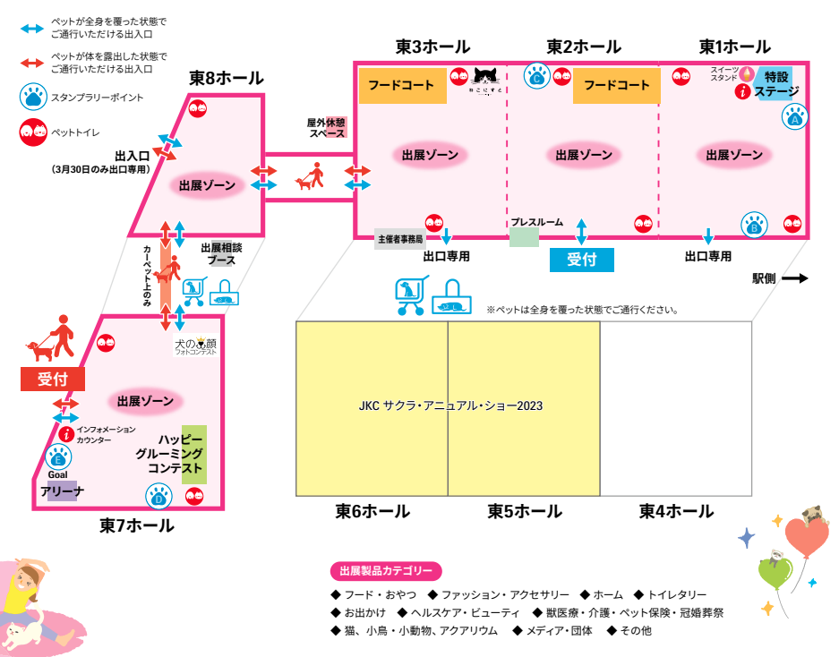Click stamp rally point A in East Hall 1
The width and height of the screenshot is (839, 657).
(x=795, y=116)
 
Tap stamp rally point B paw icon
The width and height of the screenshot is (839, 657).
(x=754, y=226)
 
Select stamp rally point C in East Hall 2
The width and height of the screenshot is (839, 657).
(x=536, y=77)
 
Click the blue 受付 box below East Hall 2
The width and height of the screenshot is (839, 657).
(x=581, y=260)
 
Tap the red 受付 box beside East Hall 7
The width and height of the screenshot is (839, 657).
(x=52, y=379)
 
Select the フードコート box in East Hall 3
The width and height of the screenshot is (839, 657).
(x=401, y=86)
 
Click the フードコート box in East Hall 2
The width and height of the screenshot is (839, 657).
(x=617, y=86)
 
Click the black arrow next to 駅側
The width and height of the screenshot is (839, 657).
(x=795, y=278)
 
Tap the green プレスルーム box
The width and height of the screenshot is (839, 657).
(x=525, y=236)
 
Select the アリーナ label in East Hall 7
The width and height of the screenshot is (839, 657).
(x=63, y=491)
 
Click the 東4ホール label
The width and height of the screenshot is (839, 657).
(x=676, y=512)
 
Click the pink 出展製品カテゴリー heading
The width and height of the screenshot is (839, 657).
(x=386, y=571)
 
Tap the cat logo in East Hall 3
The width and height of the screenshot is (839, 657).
(x=486, y=80)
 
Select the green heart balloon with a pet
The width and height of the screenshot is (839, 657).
(x=774, y=574)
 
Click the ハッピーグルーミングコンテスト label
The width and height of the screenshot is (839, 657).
(x=176, y=455)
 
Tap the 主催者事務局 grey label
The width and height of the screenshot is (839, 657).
(x=399, y=240)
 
